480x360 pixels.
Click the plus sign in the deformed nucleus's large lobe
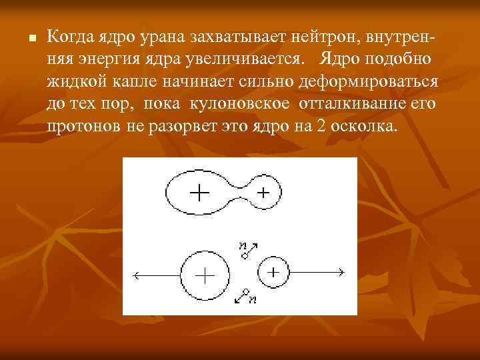pyautogui.click(x=199, y=193)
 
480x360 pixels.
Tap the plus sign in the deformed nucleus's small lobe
pyautogui.click(x=263, y=193)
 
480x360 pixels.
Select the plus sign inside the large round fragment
pyautogui.click(x=204, y=275)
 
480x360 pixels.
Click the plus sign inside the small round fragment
pyautogui.click(x=274, y=272)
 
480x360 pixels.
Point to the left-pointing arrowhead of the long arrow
pyautogui.click(x=137, y=274)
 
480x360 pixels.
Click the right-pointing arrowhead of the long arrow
pyautogui.click(x=340, y=272)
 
